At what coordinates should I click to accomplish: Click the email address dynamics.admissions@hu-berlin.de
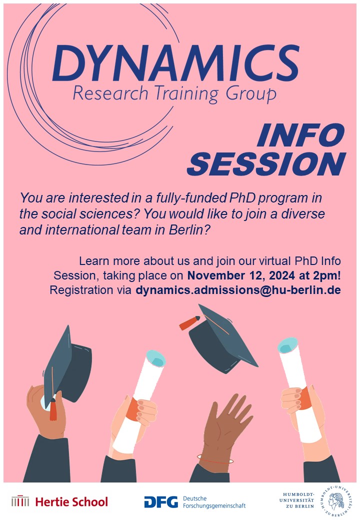pos(238,290)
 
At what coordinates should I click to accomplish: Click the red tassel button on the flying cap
pos(189,322)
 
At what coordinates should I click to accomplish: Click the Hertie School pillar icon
pos(20,501)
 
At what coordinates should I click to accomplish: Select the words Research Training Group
pos(174,93)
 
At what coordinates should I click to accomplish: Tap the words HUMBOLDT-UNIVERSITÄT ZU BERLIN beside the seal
pos(299,500)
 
